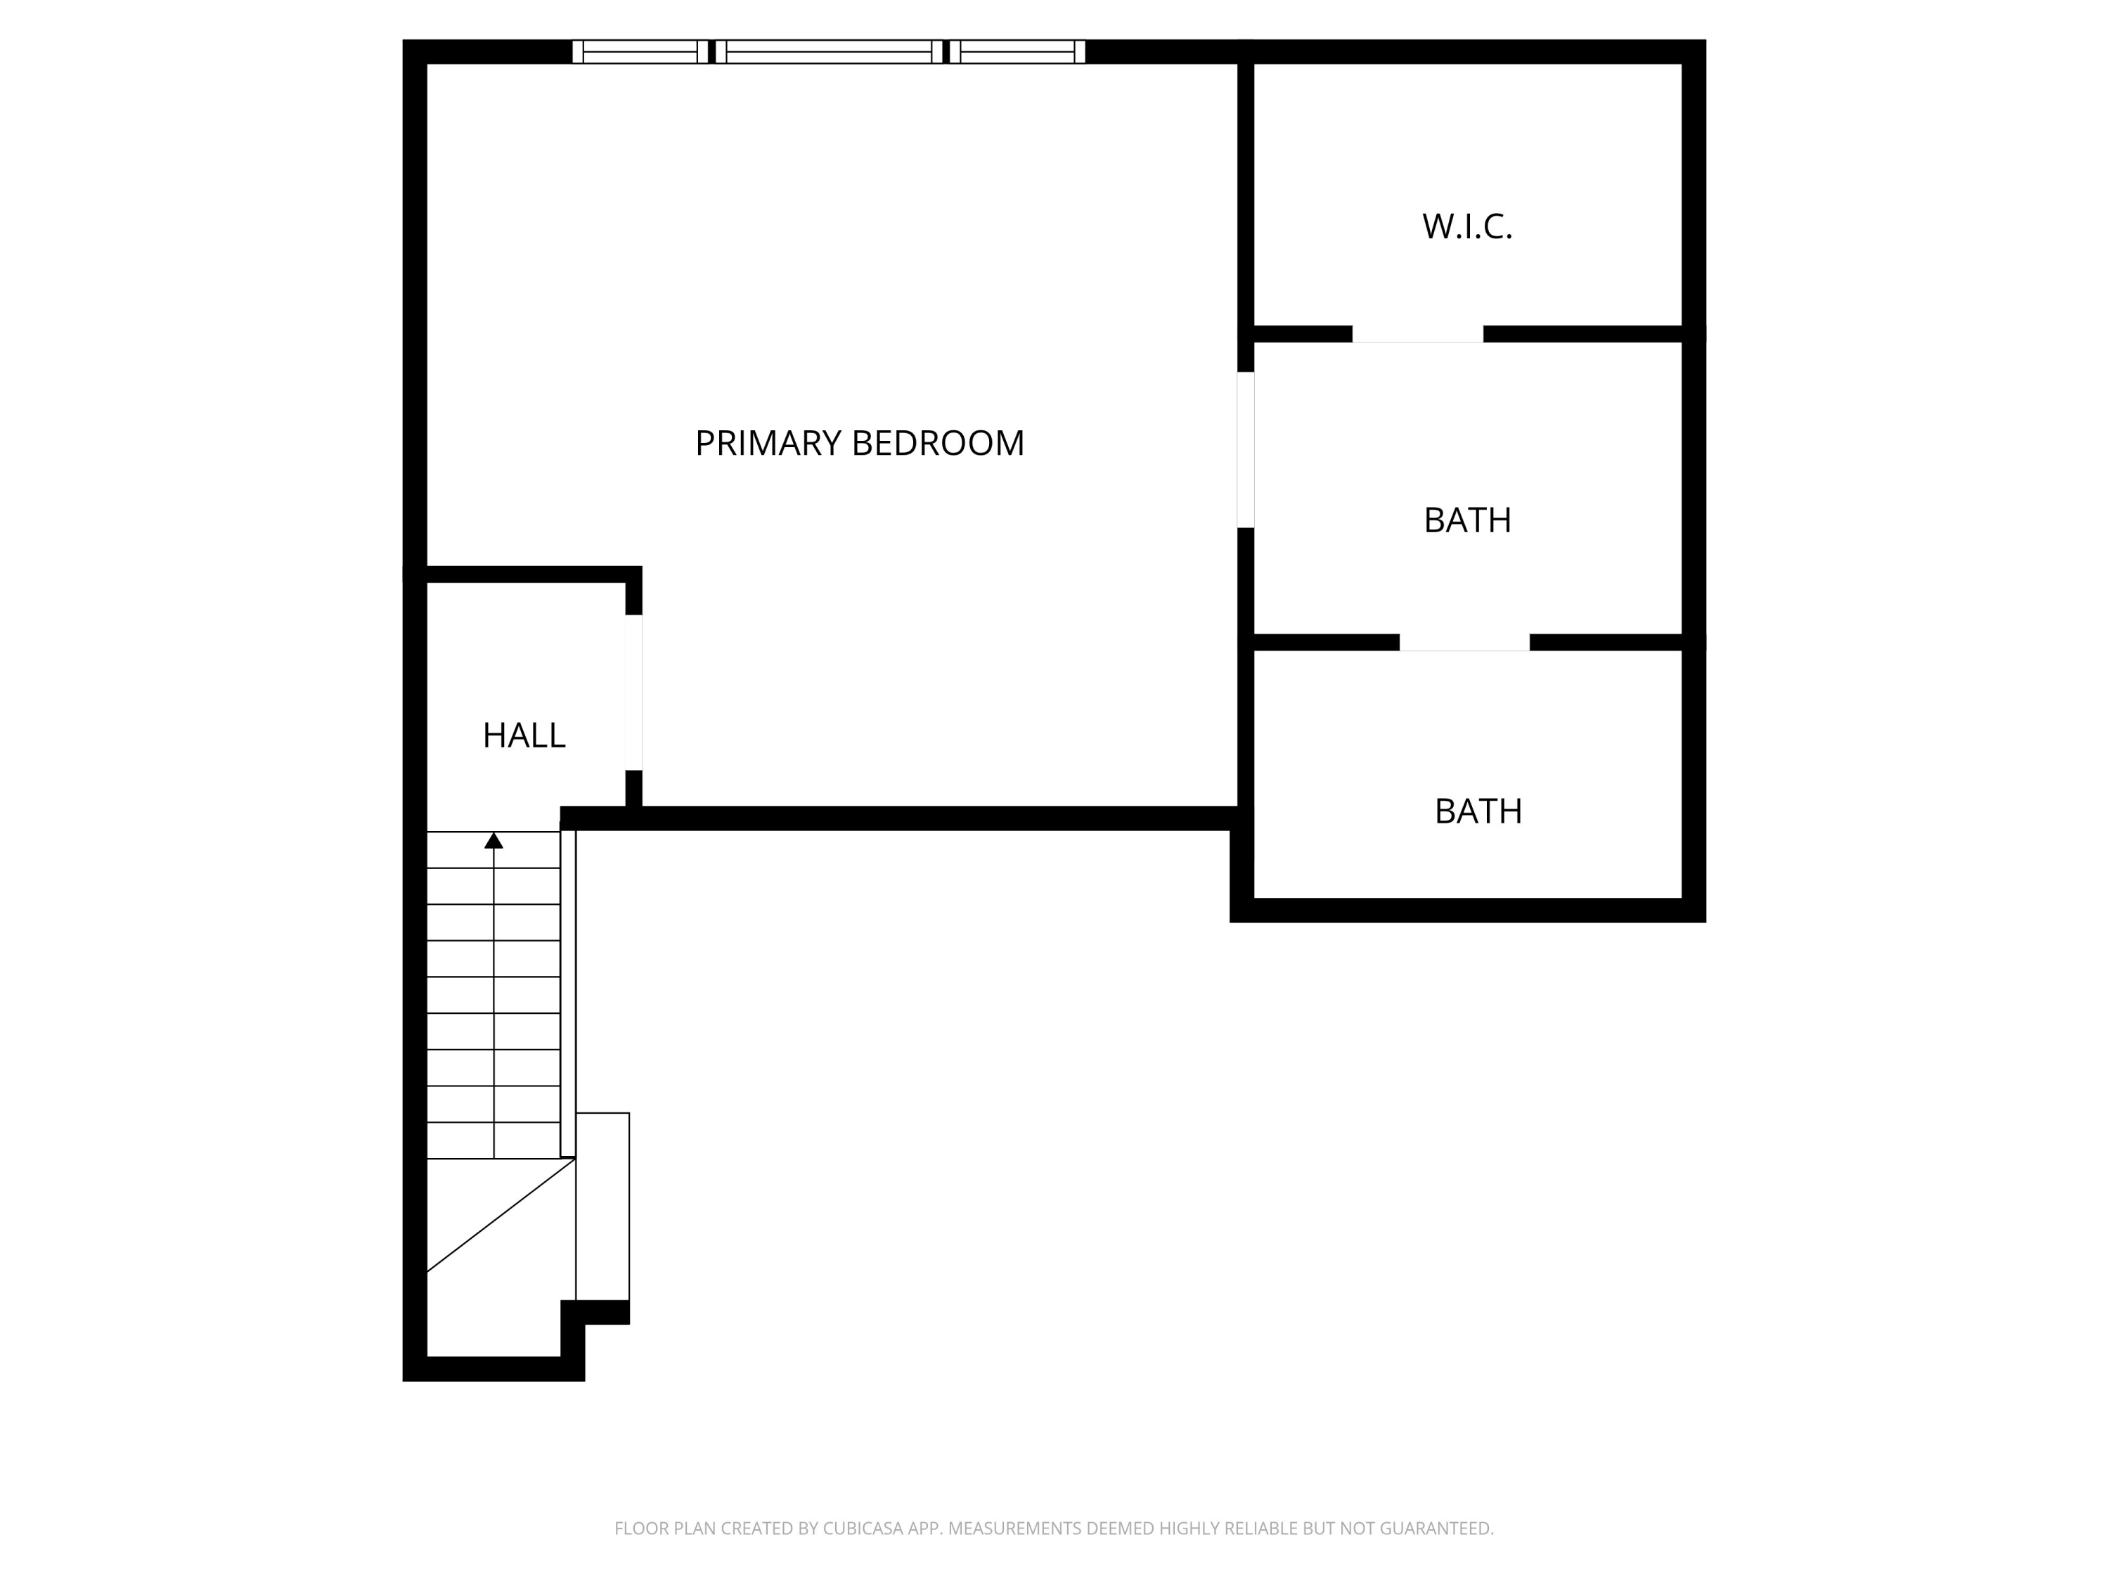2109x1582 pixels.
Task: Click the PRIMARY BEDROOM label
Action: [859, 444]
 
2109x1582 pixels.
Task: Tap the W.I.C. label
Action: [1466, 227]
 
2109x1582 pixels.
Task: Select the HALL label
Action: [524, 735]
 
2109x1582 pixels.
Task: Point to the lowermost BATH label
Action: [1478, 811]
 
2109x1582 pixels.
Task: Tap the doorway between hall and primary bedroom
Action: [633, 693]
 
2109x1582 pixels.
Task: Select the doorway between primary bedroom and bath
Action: [1245, 449]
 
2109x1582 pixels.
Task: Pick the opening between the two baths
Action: [1464, 643]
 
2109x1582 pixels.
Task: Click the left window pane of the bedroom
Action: [640, 51]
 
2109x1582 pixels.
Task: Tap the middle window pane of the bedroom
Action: [829, 51]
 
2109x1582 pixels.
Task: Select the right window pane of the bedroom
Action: [1017, 51]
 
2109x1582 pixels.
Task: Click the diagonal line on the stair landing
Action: [501, 1215]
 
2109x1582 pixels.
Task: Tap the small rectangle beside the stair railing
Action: [602, 1207]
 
